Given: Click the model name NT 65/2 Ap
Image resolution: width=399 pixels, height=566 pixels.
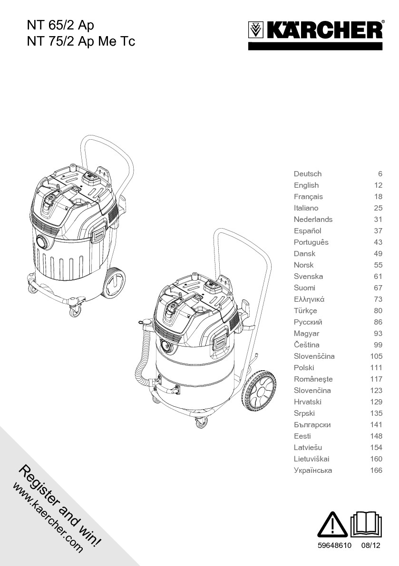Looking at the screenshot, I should point(58,25).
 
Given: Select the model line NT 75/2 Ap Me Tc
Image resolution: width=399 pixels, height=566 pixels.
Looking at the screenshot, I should point(81,41).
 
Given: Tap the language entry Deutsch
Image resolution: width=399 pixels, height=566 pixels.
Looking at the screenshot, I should point(308,174).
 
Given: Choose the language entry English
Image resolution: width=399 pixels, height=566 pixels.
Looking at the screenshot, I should point(306,185).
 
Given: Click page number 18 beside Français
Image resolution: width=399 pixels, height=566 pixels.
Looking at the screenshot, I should point(378,197).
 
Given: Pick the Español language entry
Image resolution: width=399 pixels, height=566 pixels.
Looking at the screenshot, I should point(308,231).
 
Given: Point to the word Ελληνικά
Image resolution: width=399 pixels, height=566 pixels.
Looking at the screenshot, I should point(309,299).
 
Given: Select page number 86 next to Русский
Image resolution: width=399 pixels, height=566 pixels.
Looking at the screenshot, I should point(378,322).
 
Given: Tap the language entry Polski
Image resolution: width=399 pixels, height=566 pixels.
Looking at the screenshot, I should point(304,368).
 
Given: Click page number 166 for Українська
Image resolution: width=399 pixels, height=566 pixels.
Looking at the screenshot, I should point(376,470).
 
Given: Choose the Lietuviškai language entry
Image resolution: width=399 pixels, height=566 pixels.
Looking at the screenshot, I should point(311,459).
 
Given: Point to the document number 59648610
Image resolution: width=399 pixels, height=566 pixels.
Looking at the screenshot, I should point(334,546).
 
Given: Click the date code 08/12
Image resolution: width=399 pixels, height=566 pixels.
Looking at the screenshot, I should point(371,546).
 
